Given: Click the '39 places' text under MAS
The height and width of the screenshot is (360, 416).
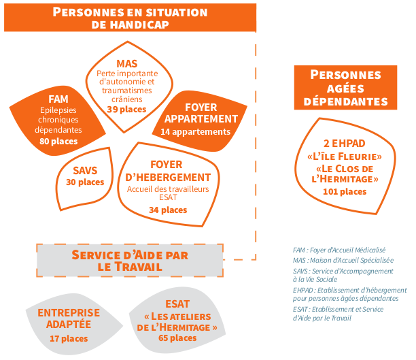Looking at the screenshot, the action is (x=126, y=110).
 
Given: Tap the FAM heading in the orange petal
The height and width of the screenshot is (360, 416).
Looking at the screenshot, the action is (x=58, y=99).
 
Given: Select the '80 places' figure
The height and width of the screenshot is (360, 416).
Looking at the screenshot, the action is (x=58, y=142).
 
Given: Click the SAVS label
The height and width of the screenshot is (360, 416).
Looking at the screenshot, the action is (x=85, y=171).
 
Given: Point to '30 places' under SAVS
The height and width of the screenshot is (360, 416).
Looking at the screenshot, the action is (x=85, y=182).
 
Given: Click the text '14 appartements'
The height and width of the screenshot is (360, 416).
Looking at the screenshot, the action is (x=196, y=132).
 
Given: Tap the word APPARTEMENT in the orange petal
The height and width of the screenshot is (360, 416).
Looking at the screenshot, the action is (x=201, y=119).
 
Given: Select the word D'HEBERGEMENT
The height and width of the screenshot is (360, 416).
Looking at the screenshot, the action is (x=168, y=178).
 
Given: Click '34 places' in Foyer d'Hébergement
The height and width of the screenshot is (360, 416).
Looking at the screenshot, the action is (x=168, y=210).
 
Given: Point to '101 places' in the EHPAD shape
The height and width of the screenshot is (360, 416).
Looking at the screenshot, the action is (x=345, y=192).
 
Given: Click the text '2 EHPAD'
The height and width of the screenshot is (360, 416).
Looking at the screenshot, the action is (x=345, y=144).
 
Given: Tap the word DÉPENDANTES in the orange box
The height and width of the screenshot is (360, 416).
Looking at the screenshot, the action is (x=346, y=102).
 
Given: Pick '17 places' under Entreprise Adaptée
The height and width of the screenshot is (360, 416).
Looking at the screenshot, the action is (x=69, y=339).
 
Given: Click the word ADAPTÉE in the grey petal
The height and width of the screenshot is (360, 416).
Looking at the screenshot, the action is (x=69, y=325).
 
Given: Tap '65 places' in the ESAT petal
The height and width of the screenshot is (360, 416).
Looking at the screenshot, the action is (x=177, y=338).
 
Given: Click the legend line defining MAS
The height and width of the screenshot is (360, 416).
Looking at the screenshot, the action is (x=343, y=261).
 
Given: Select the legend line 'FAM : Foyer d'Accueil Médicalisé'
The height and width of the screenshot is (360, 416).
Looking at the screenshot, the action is (x=339, y=250).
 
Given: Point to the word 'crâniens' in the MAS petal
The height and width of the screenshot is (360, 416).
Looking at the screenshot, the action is (x=127, y=99).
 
